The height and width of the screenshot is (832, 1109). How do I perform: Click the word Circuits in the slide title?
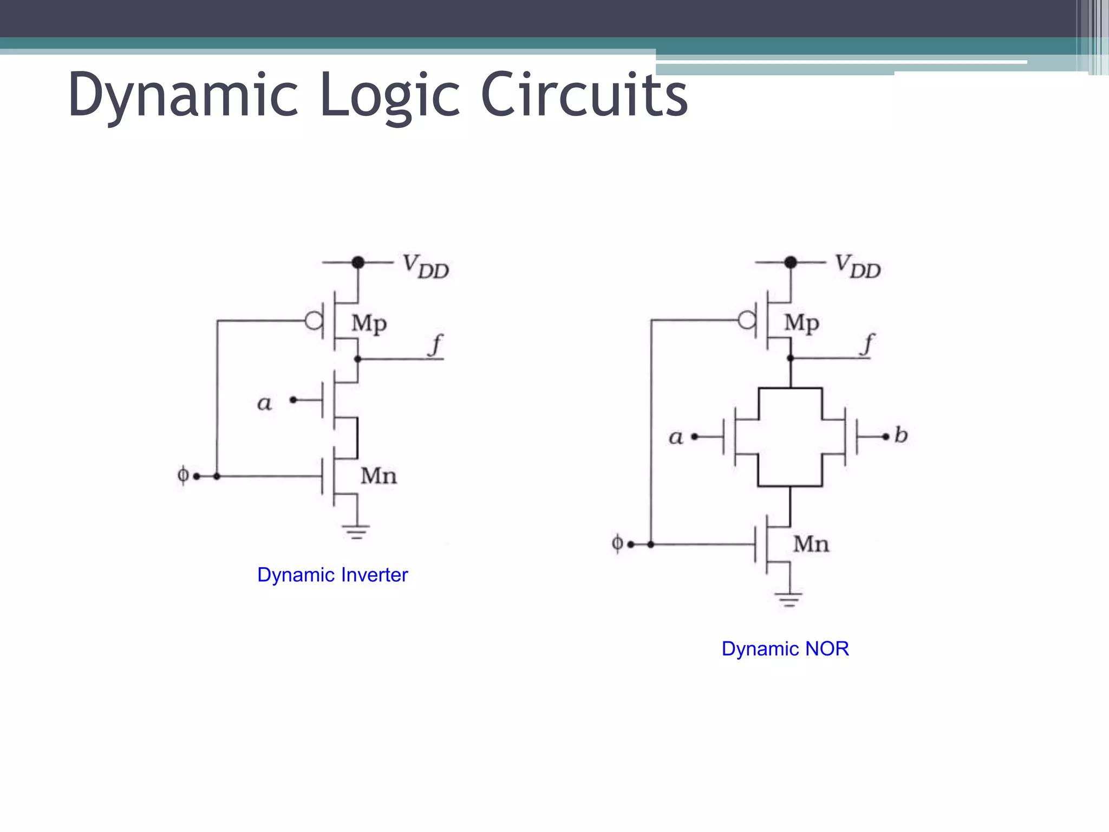pos(584,95)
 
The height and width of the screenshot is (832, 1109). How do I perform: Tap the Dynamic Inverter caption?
pos(332,575)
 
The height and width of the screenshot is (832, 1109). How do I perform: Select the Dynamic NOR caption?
pos(785,648)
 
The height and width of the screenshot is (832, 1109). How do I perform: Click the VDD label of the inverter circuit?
pos(426,266)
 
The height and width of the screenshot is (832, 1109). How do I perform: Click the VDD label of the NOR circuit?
pos(858,266)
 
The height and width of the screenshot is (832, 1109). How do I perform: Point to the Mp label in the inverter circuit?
pos(369,323)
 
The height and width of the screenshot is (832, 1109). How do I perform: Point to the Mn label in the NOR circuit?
pos(811,544)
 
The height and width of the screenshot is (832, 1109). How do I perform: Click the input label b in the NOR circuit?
pos(901,435)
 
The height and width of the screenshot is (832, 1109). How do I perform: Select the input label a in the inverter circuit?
pos(264,403)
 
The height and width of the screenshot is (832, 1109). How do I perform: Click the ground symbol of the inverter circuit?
pos(356,531)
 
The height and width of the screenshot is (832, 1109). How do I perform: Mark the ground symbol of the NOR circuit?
pos(789,600)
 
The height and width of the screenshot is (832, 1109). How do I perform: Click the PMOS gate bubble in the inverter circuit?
pos(314,321)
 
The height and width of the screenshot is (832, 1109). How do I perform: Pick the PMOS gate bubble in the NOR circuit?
pos(747,320)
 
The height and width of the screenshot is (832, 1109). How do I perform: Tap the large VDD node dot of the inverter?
pos(358,263)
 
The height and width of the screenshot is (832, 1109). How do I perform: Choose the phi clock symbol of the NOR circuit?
pos(617,543)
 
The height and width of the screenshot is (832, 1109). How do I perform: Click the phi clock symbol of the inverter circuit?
pos(183,475)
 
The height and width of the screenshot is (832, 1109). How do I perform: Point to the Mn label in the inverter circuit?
pos(379,476)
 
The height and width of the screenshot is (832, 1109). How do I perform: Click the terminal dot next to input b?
pos(886,437)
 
